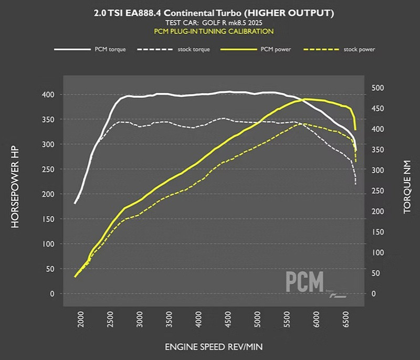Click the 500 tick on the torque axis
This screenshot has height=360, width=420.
pos(378,88)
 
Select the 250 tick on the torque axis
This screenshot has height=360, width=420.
pos(378,190)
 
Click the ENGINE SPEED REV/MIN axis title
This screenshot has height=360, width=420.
pos(214,347)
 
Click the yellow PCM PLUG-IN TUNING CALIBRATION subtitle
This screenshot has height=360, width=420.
pos(214,31)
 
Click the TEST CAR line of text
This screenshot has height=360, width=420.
pos(214,23)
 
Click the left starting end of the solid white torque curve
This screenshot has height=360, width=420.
pos(75,203)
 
